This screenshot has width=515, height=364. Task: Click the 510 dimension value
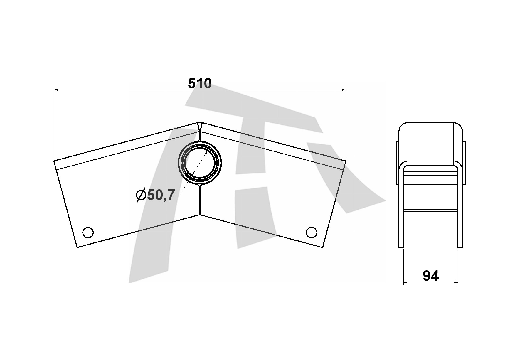coord(200,84)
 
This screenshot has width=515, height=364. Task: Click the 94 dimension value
coord(431,276)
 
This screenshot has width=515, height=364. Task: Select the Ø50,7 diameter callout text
coord(156,195)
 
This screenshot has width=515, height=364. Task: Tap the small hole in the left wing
coord(88,232)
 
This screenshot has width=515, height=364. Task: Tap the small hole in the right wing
coord(312,232)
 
